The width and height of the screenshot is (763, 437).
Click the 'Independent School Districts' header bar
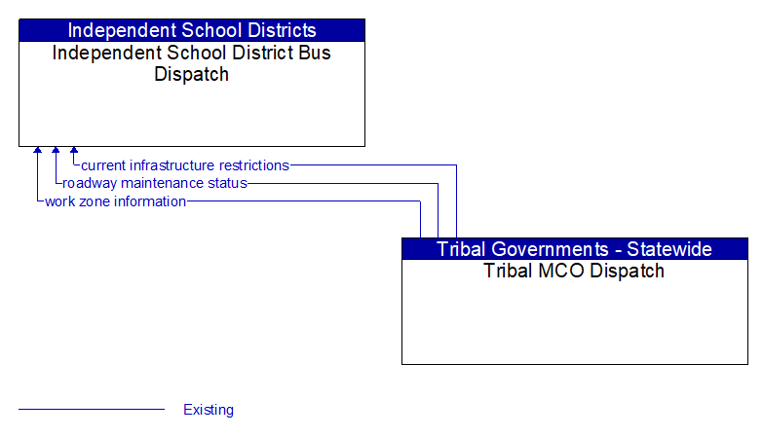[x=192, y=30]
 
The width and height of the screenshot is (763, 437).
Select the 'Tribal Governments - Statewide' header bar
[x=575, y=249]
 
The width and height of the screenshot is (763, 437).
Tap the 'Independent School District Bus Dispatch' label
[x=192, y=63]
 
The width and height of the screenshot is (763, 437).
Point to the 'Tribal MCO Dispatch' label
[x=574, y=271]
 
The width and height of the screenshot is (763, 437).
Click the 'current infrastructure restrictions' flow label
[x=185, y=165]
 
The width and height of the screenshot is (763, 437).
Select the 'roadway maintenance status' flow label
[x=155, y=183]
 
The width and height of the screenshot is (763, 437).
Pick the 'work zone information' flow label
[x=115, y=201]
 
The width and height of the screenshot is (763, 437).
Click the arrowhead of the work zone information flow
[x=37, y=151]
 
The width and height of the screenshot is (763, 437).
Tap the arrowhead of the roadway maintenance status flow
[x=56, y=151]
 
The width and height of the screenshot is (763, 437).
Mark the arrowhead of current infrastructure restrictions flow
[x=74, y=151]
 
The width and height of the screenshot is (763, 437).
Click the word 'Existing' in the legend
[x=209, y=410]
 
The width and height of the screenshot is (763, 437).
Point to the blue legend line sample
[x=92, y=410]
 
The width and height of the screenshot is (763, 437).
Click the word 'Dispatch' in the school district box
[x=192, y=74]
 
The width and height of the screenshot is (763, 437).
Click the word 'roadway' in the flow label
[x=90, y=183]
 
